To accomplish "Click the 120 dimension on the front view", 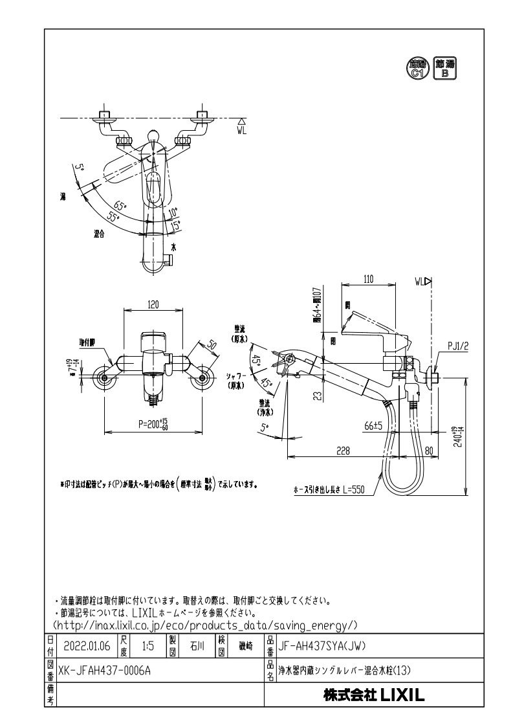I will pyautogui.click(x=153, y=304).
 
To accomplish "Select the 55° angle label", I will pyautogui.click(x=115, y=218).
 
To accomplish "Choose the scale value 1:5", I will pyautogui.click(x=147, y=645).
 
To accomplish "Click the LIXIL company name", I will pyautogui.click(x=374, y=695).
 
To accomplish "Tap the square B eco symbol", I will pyautogui.click(x=444, y=67).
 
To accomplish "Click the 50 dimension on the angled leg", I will pyautogui.click(x=211, y=346).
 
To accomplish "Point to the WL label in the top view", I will pyautogui.click(x=241, y=129).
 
